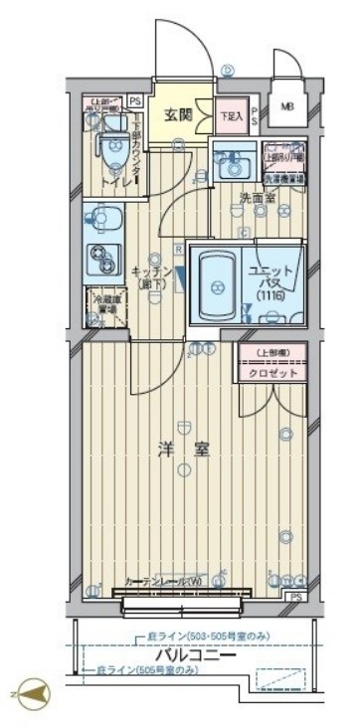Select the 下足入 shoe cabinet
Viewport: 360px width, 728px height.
231,115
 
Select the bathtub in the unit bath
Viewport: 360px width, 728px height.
214,284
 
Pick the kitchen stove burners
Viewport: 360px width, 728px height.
100,257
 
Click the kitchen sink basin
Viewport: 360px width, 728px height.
100,217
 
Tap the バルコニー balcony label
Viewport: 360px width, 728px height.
194,655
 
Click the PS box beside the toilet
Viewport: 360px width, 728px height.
134,99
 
